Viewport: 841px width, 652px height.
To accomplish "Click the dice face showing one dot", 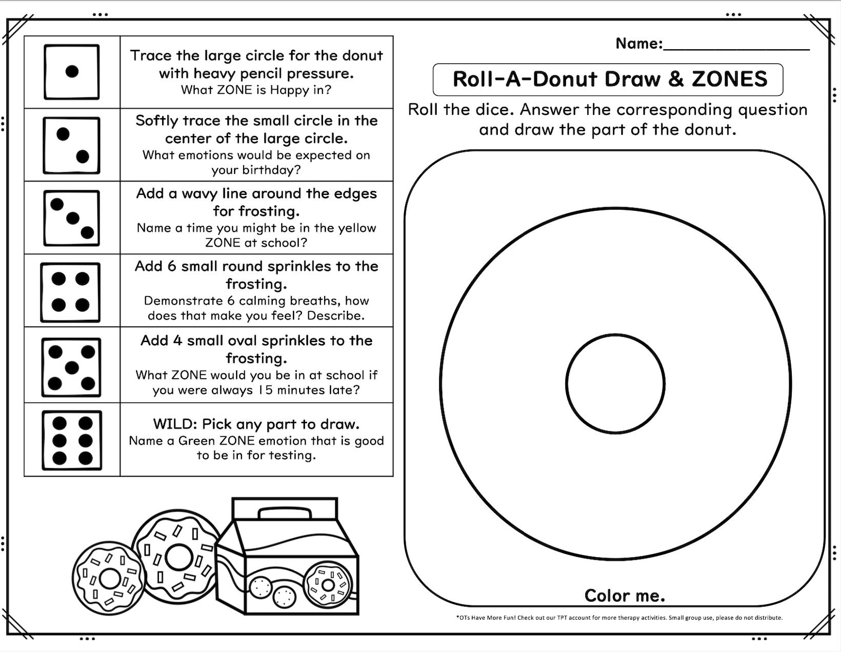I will pyautogui.click(x=71, y=72).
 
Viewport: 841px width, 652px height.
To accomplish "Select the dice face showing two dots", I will pyautogui.click(x=71, y=145).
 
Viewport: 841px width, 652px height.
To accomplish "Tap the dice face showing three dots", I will pyautogui.click(x=71, y=218).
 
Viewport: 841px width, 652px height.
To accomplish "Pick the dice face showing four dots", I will pyautogui.click(x=70, y=292).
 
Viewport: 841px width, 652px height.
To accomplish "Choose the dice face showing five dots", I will pyautogui.click(x=71, y=367).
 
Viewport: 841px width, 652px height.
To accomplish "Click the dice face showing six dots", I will pyautogui.click(x=72, y=440).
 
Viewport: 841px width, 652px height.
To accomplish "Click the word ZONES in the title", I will pyautogui.click(x=729, y=79).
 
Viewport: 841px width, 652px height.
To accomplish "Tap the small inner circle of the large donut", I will pyautogui.click(x=615, y=383).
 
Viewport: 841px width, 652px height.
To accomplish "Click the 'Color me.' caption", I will pyautogui.click(x=624, y=596).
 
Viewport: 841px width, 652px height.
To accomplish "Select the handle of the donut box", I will pyautogui.click(x=284, y=512).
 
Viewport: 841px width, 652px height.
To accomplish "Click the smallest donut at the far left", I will pyautogui.click(x=108, y=578).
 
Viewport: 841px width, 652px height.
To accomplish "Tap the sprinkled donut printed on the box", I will pyautogui.click(x=328, y=585).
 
